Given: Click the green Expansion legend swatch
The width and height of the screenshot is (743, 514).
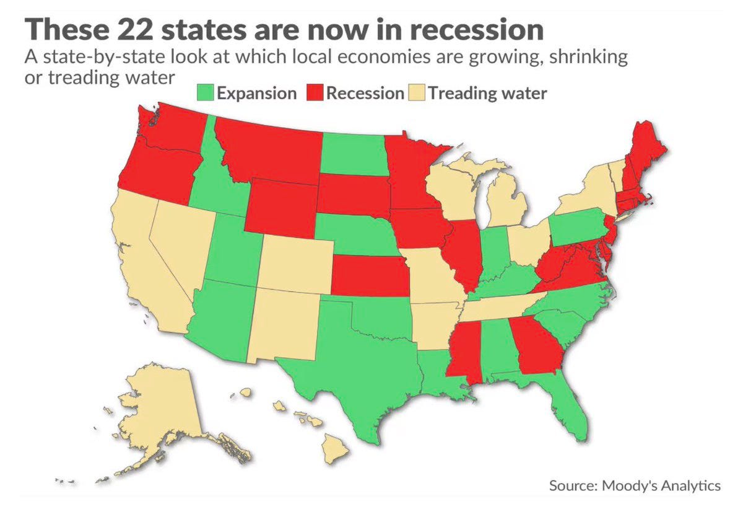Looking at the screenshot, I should point(207,94).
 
